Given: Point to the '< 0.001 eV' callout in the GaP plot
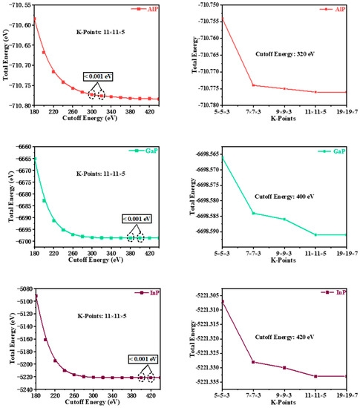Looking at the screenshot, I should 137,219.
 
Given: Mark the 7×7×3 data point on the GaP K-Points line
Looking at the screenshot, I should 253,214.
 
